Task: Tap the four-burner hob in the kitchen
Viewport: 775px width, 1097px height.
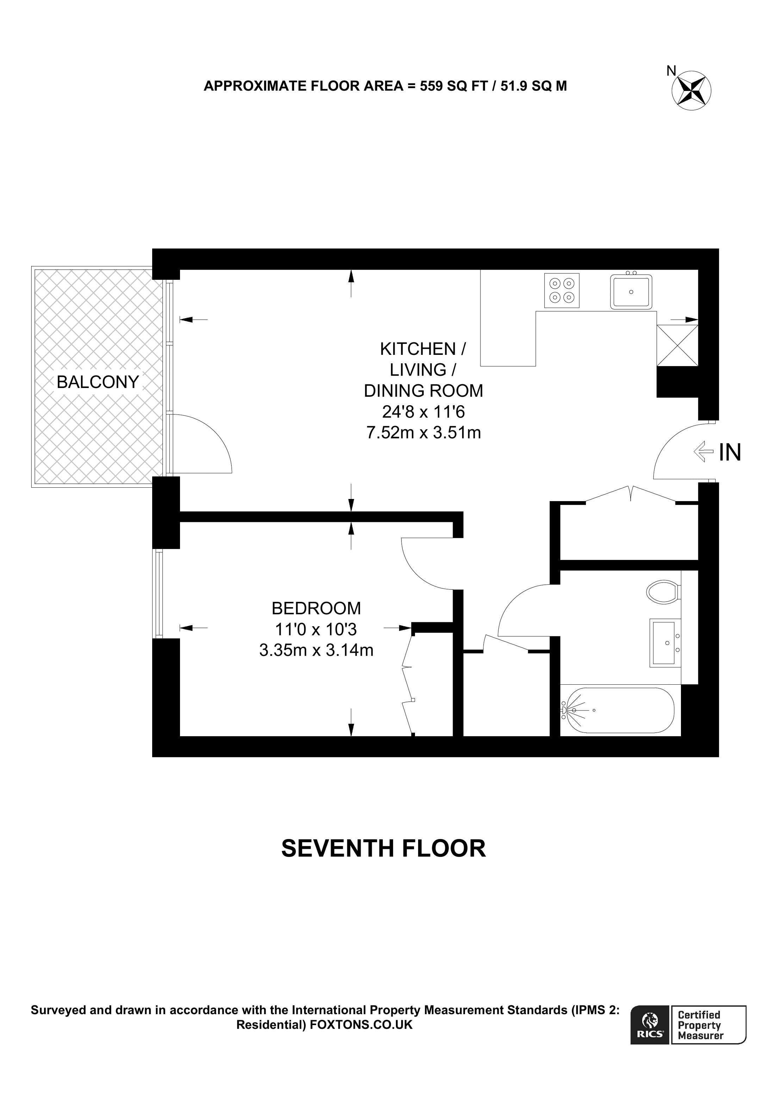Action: coord(562,290)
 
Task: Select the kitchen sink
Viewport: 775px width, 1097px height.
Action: coord(631,291)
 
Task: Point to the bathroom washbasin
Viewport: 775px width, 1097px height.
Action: coord(665,643)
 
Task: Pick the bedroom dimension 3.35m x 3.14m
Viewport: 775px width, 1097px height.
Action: coord(316,650)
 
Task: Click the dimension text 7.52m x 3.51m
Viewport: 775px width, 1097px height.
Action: coord(423,432)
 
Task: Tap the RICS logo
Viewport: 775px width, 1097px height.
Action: coord(649,1026)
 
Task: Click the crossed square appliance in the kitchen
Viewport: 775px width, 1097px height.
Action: coord(677,345)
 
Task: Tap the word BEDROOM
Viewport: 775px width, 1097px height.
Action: coord(316,608)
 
